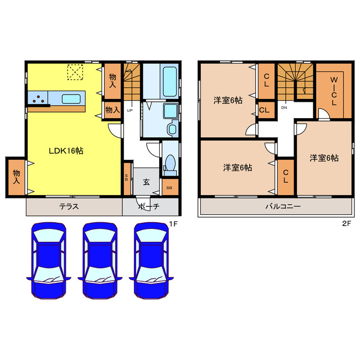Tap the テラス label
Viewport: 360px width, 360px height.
point(69,206)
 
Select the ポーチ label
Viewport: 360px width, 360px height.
point(148,206)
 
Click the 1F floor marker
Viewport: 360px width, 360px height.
point(174,223)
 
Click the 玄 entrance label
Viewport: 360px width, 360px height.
point(146,182)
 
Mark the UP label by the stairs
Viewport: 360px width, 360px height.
point(129,110)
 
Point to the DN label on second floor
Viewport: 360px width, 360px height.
point(284,107)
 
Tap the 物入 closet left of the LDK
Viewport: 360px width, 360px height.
point(16,177)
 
